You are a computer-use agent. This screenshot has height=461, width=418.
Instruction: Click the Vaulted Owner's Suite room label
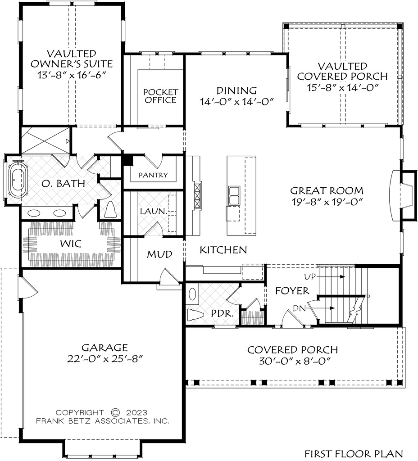click(70, 59)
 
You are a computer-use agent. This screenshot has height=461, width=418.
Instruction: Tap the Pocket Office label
click(160, 96)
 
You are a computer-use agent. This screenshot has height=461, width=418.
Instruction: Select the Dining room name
click(236, 90)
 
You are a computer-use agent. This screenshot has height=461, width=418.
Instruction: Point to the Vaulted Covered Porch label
click(342, 71)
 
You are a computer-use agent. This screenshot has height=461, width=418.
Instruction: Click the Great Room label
click(327, 190)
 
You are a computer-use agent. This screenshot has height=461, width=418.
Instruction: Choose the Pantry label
click(153, 175)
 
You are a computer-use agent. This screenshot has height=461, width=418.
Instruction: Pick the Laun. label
click(154, 210)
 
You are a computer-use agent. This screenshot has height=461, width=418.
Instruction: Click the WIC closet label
click(70, 244)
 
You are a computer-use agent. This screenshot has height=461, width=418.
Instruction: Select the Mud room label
click(159, 254)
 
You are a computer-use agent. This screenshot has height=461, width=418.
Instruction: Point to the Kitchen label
click(223, 250)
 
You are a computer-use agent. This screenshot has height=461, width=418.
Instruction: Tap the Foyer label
click(293, 291)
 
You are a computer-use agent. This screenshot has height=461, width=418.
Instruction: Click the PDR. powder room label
click(222, 313)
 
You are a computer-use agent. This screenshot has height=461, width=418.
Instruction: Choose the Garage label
click(104, 347)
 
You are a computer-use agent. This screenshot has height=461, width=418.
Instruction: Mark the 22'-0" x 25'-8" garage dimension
click(104, 359)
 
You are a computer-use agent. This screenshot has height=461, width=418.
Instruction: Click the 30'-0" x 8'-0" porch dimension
click(293, 361)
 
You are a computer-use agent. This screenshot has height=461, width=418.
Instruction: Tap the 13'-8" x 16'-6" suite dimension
click(70, 75)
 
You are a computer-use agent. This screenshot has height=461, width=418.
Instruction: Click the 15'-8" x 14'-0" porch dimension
click(342, 88)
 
